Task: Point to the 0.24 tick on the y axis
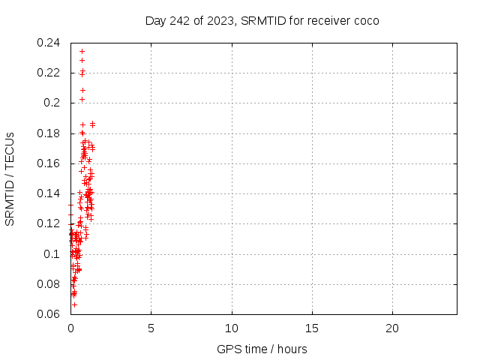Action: tap(49, 43)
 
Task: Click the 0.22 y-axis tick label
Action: tap(49, 73)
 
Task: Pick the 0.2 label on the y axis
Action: tap(52, 103)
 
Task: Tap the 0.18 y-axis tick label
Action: tap(49, 133)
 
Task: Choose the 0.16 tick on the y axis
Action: tap(49, 163)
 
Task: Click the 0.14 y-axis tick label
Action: tap(49, 193)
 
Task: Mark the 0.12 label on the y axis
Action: tap(49, 223)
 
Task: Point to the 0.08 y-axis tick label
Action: tap(49, 284)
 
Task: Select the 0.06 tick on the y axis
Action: tap(49, 314)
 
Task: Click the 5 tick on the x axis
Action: tap(151, 328)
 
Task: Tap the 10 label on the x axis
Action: tap(232, 328)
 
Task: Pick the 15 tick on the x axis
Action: tap(312, 328)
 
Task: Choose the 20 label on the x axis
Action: tap(392, 328)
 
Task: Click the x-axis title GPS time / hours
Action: tap(262, 349)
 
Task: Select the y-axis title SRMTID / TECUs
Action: tap(10, 178)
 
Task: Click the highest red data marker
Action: tap(82, 51)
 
